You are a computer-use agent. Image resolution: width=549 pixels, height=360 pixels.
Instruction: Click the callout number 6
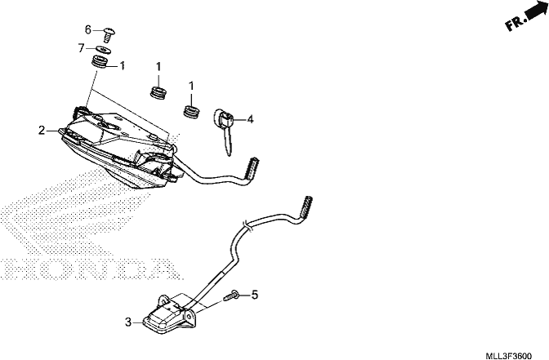click(x=88, y=29)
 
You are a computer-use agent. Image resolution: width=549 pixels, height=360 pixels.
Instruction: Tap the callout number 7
click(x=81, y=47)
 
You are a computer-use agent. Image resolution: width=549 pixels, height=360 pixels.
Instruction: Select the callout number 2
click(x=42, y=131)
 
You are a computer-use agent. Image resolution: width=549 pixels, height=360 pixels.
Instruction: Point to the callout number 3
click(x=128, y=322)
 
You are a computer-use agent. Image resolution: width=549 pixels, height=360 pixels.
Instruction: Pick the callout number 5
click(x=255, y=295)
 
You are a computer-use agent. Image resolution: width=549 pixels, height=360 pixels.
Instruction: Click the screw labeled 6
click(x=109, y=35)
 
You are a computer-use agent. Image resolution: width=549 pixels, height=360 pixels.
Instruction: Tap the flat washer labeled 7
click(x=104, y=49)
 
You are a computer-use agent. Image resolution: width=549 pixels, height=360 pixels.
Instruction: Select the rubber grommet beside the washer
click(x=100, y=62)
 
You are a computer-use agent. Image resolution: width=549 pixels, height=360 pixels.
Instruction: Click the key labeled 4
click(x=224, y=130)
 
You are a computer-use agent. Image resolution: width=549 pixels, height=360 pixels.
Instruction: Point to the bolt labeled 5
click(x=231, y=296)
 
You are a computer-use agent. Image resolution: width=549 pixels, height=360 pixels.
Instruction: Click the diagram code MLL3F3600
click(x=508, y=356)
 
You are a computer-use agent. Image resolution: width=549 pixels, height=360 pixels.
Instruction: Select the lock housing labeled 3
click(x=169, y=312)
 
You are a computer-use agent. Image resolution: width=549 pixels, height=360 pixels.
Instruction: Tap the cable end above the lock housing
click(x=306, y=207)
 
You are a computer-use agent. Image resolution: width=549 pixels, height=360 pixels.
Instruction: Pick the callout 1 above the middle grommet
click(x=158, y=66)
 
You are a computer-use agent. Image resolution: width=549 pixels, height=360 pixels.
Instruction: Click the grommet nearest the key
click(x=192, y=111)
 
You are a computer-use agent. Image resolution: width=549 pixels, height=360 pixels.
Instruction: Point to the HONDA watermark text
click(x=91, y=269)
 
